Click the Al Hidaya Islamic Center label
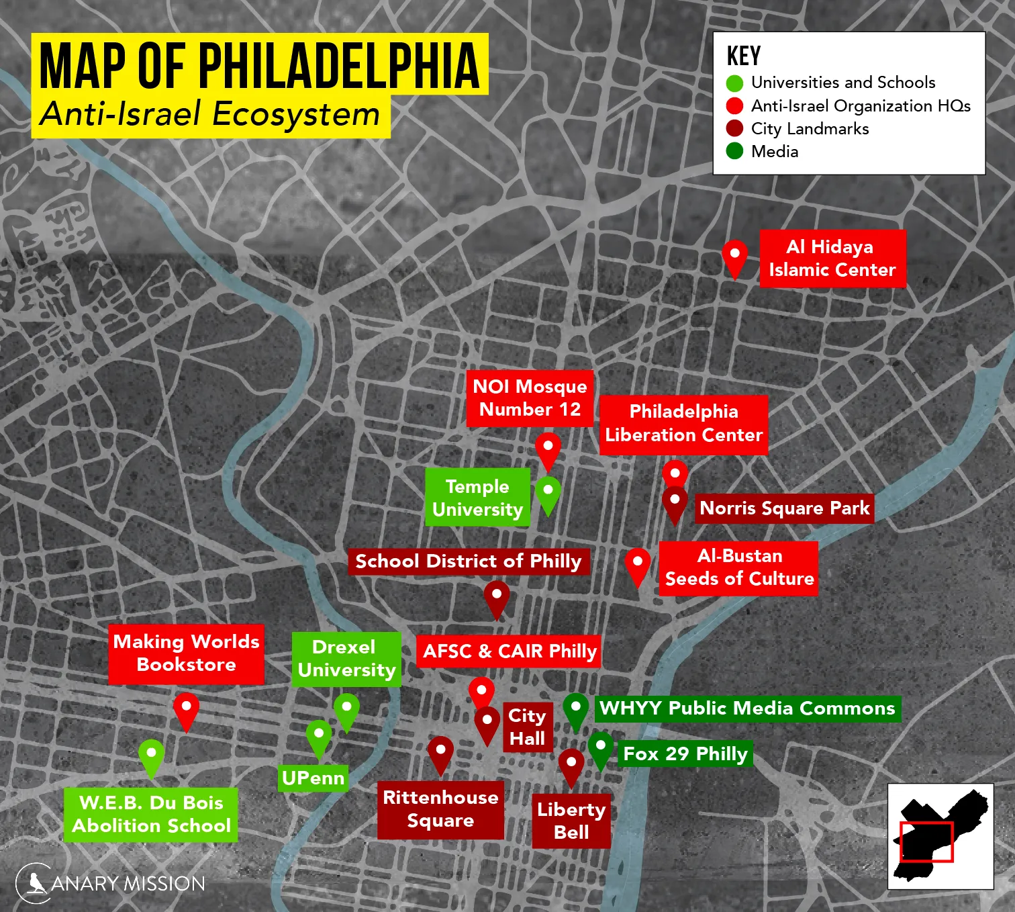(832, 259)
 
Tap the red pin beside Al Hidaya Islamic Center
(734, 257)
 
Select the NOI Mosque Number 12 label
(530, 398)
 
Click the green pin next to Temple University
(548, 494)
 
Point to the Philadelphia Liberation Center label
(683, 424)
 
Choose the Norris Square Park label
(784, 508)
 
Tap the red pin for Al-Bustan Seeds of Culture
(637, 565)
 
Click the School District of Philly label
(468, 561)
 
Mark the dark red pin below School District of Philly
(496, 598)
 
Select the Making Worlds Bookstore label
(186, 653)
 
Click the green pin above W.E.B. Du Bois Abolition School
(152, 756)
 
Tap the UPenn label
(313, 778)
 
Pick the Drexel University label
(346, 659)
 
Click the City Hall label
(528, 727)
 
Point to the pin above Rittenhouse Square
(440, 752)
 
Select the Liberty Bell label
(571, 821)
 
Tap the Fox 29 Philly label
(685, 754)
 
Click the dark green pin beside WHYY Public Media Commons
(575, 710)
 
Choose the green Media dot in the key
(734, 151)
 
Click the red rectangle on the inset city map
(926, 841)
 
